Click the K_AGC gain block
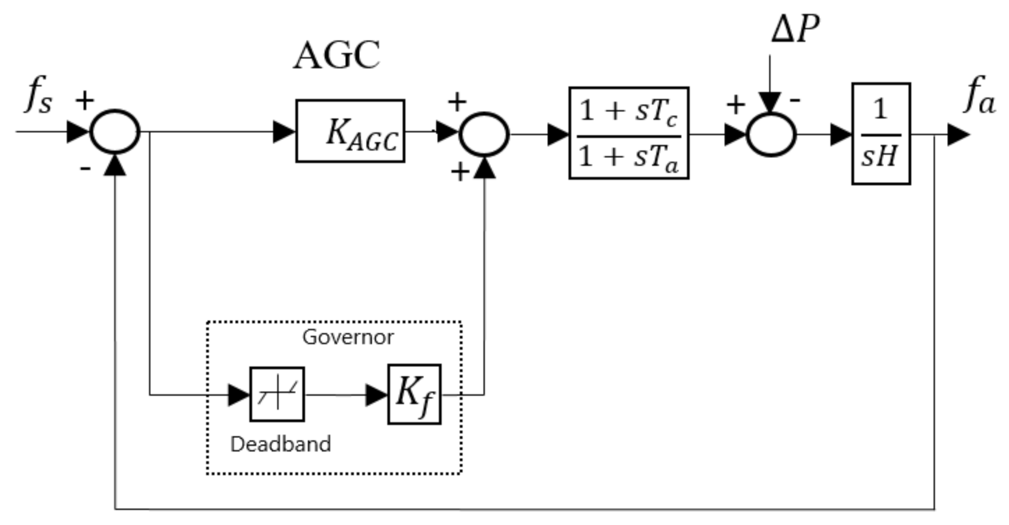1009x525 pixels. coord(350,131)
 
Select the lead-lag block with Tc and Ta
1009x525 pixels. coord(629,134)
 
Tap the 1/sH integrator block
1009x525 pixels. coord(881,134)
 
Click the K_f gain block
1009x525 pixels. coord(414,395)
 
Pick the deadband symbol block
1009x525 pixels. coord(277,394)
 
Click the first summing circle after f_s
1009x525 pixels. coord(115,132)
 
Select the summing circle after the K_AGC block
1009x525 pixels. coord(484,134)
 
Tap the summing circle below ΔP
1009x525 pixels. coord(771,135)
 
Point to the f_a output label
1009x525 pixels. coord(979,95)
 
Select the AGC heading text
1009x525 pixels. coord(337,55)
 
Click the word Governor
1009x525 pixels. coord(348,337)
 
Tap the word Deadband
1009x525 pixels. coord(280,444)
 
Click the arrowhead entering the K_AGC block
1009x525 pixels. coord(284,132)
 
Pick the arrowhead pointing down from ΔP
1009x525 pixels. coord(769,102)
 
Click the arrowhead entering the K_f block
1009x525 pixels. coord(376,395)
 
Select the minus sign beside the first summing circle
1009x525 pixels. coord(86,168)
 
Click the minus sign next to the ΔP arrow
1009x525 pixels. coord(794,100)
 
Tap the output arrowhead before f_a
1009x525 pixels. coord(958,135)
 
